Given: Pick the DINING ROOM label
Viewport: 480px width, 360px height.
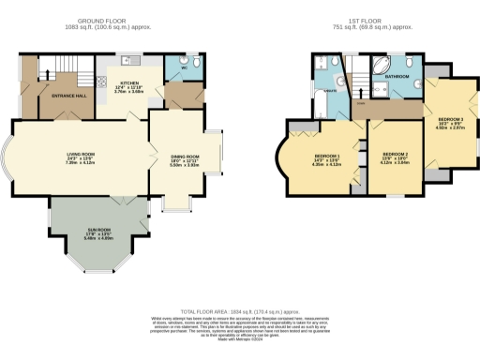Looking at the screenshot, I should pyautogui.click(x=186, y=158).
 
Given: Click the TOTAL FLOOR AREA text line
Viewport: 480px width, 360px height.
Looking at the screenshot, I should pyautogui.click(x=239, y=310).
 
